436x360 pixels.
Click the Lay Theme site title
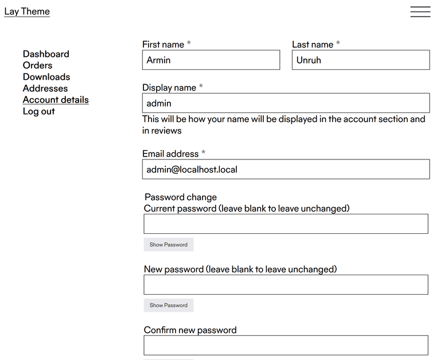tap(27, 11)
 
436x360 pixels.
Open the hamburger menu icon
tap(420, 12)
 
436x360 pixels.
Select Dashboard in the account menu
tap(46, 54)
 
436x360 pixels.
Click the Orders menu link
tap(37, 65)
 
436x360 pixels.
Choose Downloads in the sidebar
tap(46, 77)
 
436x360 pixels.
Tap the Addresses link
tap(45, 88)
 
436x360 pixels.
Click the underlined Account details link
tap(56, 100)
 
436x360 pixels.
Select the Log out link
tap(39, 111)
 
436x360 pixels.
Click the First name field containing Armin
tap(211, 60)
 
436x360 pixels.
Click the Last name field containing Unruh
tap(360, 60)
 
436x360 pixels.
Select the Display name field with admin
tap(286, 103)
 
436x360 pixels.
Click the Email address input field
tap(286, 170)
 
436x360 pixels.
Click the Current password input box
tap(286, 224)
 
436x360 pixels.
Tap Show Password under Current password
tap(169, 245)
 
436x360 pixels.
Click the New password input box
tap(286, 285)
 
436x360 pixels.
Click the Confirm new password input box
tap(286, 345)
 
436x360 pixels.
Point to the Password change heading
tap(181, 197)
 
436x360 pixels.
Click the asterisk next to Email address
tap(203, 153)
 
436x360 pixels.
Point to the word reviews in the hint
tap(166, 131)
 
